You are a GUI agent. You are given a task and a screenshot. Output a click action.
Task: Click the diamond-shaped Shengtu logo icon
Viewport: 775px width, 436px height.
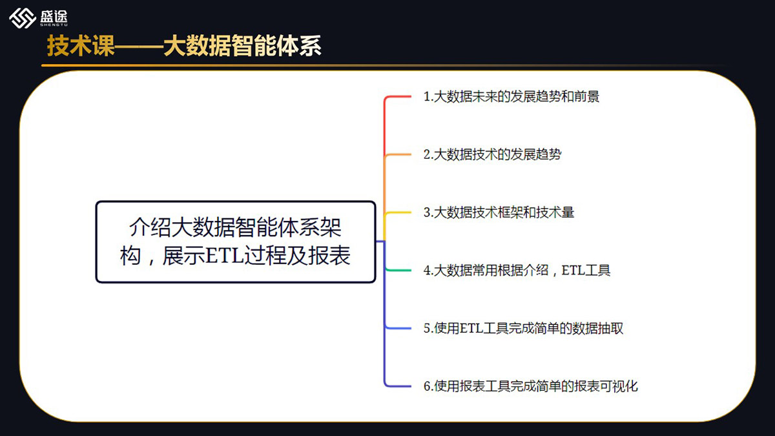(23, 18)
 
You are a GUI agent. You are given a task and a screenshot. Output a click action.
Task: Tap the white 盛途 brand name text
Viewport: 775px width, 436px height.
(54, 16)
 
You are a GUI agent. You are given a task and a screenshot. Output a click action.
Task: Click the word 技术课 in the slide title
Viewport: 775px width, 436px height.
(81, 46)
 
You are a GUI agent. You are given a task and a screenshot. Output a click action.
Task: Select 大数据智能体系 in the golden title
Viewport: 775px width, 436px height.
(242, 46)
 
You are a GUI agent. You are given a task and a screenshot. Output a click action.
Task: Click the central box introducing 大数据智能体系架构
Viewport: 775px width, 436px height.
(236, 242)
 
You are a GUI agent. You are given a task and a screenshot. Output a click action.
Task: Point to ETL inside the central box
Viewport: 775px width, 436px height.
(225, 256)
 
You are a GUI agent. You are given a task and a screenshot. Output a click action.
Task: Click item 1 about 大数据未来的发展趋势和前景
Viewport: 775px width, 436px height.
(511, 96)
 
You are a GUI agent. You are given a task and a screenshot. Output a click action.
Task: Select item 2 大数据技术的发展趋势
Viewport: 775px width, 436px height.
(492, 154)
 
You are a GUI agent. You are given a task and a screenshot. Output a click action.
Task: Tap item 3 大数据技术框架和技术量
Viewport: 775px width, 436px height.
(499, 212)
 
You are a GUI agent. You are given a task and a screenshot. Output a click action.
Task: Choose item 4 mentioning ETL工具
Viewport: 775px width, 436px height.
(517, 270)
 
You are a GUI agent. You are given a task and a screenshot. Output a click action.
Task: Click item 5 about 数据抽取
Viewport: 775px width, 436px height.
(523, 328)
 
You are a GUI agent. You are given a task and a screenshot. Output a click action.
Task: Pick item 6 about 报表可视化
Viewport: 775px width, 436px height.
(530, 386)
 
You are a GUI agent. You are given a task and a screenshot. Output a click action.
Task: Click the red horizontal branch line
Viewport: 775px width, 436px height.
(398, 96)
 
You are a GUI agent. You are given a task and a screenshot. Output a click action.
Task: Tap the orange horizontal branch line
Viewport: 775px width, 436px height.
(398, 154)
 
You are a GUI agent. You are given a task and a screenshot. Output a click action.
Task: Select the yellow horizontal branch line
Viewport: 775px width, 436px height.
(398, 212)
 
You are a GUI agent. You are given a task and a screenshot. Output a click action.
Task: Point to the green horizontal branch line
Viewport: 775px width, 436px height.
(398, 270)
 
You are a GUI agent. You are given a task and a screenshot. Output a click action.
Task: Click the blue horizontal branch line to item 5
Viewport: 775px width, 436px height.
(398, 327)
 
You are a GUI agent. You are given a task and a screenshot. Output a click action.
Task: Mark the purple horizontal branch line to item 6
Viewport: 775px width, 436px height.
(398, 386)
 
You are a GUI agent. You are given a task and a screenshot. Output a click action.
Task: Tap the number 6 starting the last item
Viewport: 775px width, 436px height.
(427, 386)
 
